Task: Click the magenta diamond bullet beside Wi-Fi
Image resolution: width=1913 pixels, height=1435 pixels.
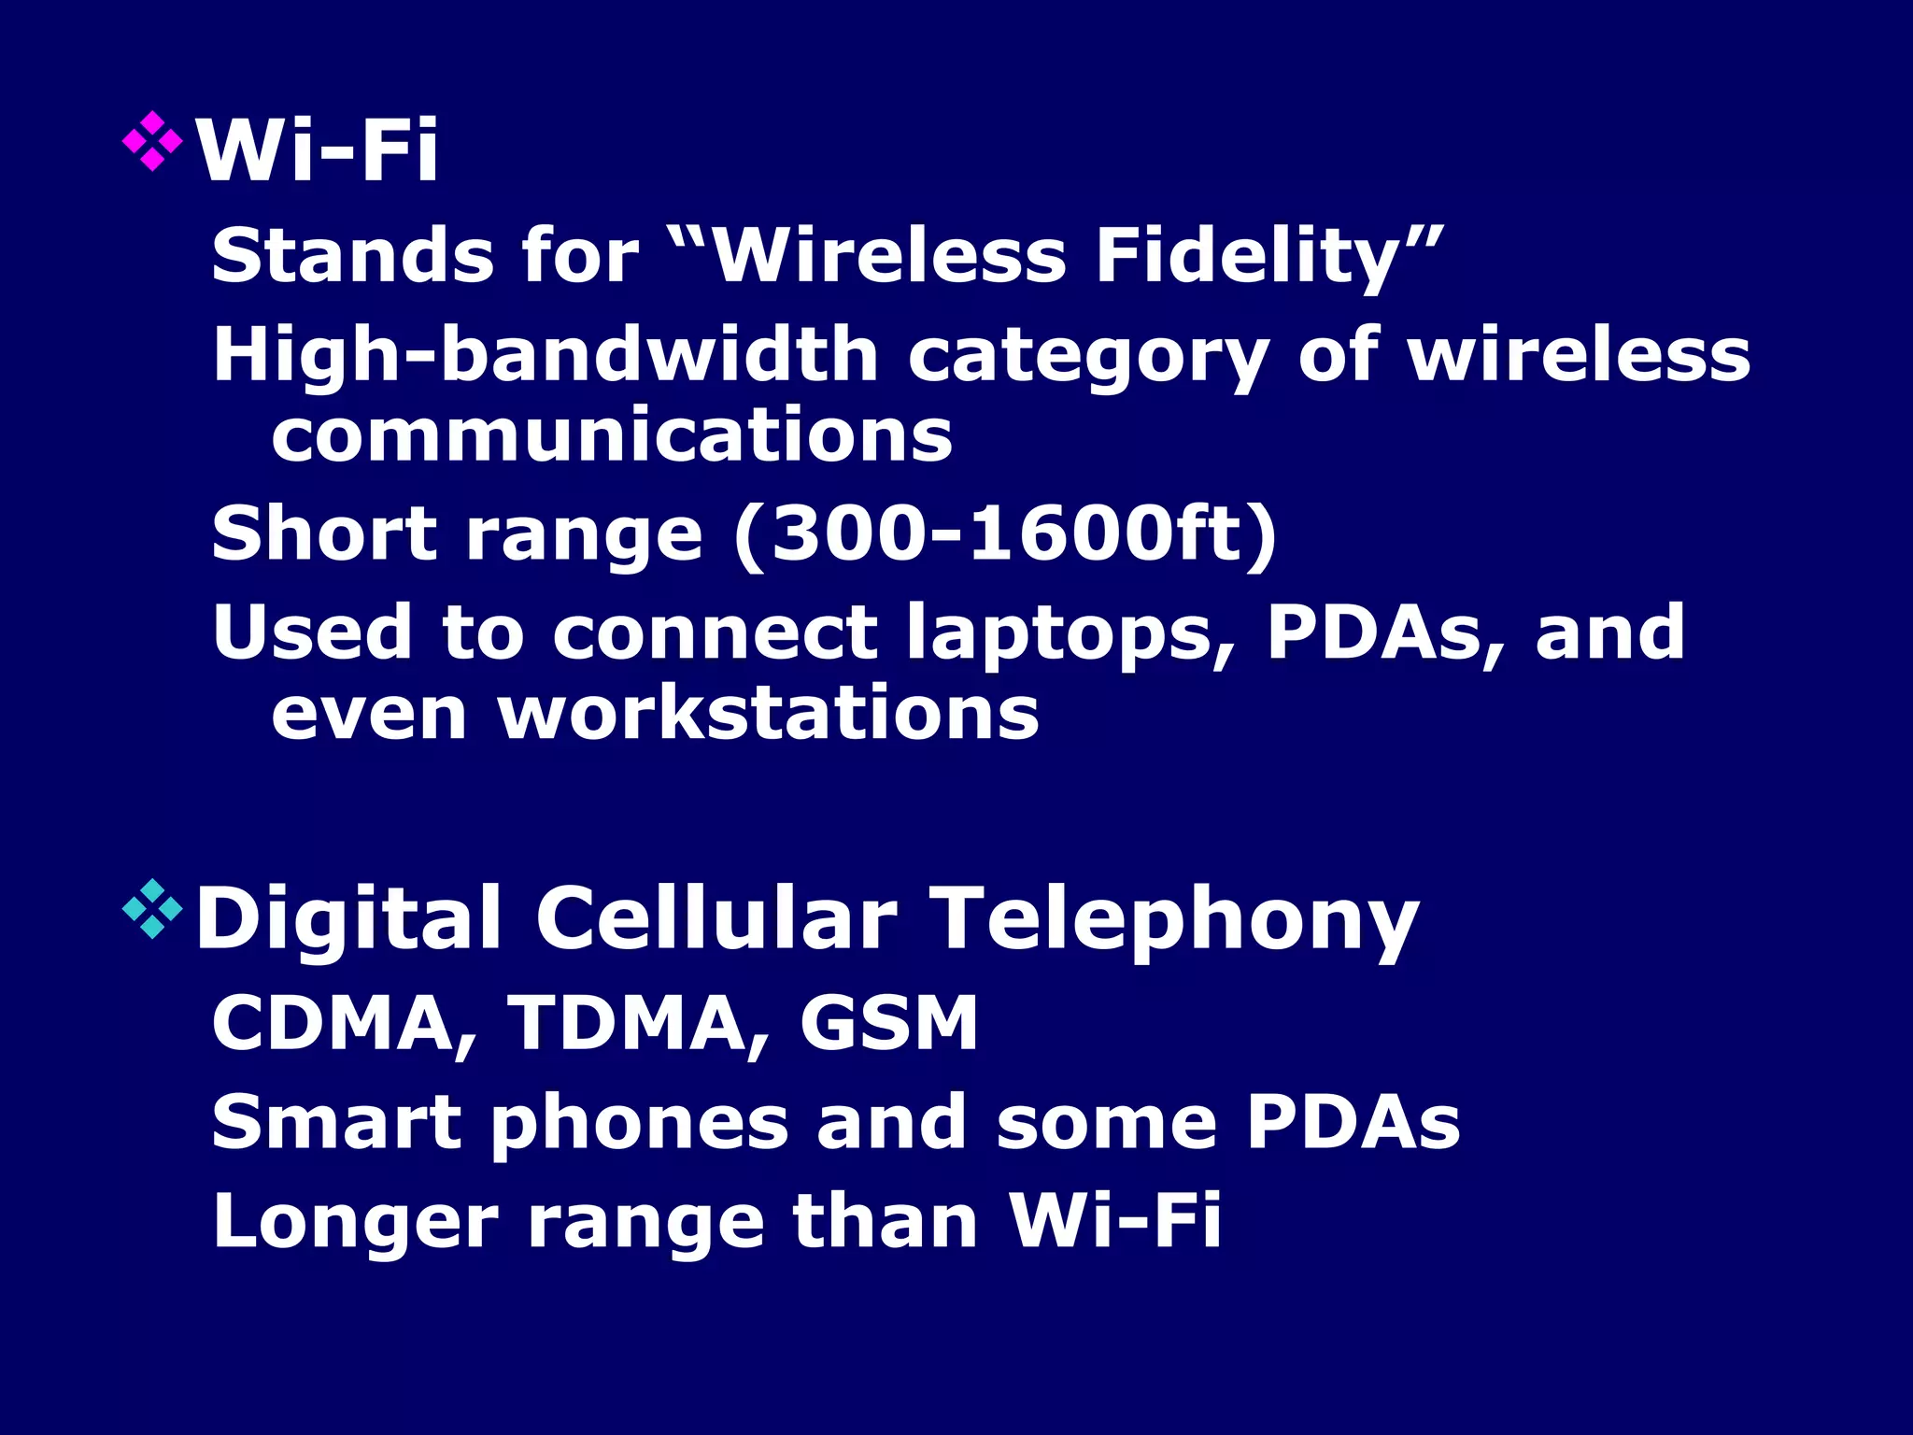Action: (152, 141)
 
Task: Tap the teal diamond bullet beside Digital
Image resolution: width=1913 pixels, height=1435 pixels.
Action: (152, 908)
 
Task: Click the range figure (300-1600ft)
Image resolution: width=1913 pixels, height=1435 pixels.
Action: (1005, 534)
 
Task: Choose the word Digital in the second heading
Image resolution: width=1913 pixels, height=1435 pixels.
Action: (348, 919)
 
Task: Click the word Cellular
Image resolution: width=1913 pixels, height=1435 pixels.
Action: (716, 919)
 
